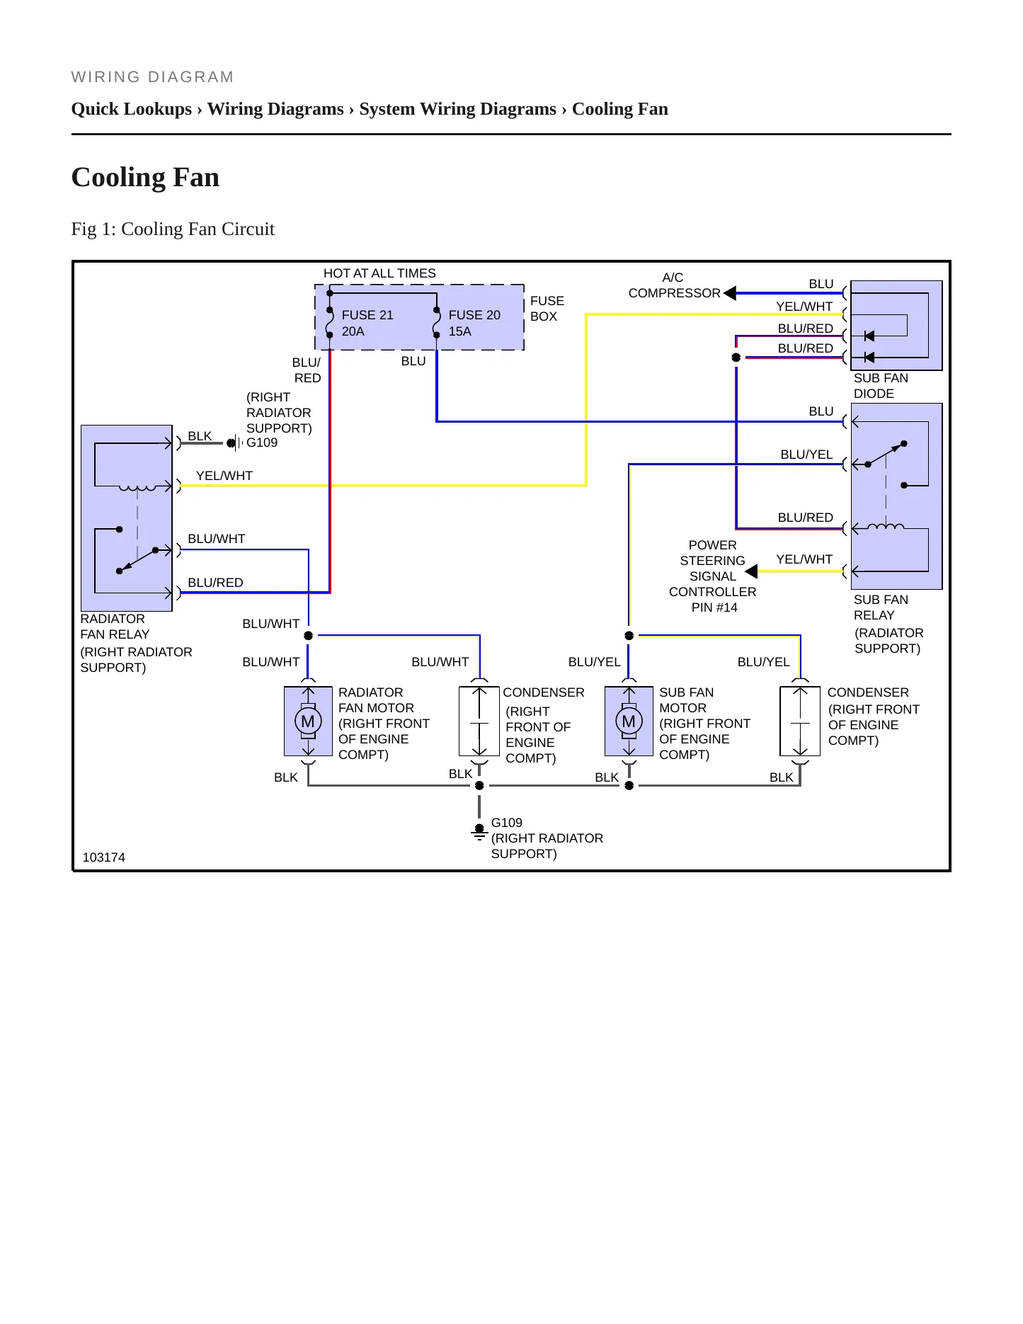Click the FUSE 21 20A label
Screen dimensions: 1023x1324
click(x=367, y=323)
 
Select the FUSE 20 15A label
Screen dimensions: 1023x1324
click(x=474, y=323)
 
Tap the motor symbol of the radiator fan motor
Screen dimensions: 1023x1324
click(x=308, y=721)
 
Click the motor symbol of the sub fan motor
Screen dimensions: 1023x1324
click(x=629, y=721)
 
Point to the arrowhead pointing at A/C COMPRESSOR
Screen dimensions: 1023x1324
click(x=730, y=293)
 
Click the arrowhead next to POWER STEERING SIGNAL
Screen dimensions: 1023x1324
click(x=751, y=571)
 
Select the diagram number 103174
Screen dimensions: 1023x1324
click(x=104, y=857)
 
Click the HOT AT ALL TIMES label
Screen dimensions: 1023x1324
click(x=379, y=273)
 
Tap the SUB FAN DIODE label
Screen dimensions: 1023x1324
click(x=881, y=386)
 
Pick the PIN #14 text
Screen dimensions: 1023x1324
click(x=714, y=607)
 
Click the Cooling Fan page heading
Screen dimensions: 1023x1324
click(x=145, y=177)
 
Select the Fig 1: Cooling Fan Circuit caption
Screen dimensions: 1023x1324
click(x=173, y=229)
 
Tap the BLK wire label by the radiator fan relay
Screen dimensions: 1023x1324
click(x=200, y=436)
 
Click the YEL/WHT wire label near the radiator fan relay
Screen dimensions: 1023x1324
click(x=224, y=476)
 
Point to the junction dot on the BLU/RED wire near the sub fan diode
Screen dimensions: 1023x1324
click(x=736, y=358)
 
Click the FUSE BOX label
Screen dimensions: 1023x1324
click(x=547, y=309)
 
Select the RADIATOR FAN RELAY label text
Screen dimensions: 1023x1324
click(x=115, y=627)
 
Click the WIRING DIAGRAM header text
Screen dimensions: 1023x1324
click(x=152, y=77)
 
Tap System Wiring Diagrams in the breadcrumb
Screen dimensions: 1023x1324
click(x=457, y=109)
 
